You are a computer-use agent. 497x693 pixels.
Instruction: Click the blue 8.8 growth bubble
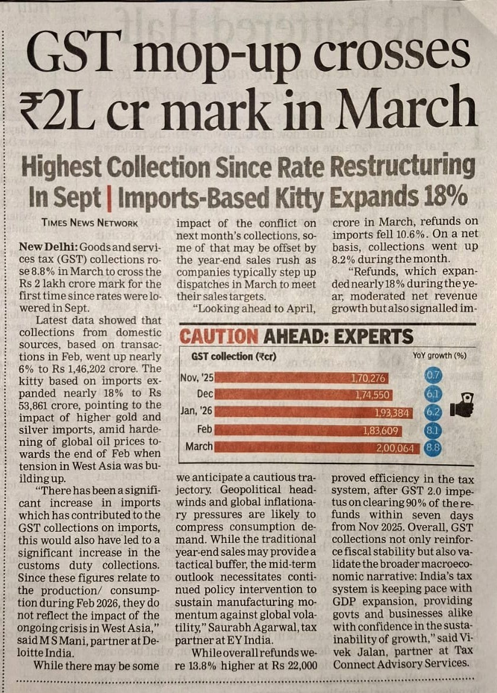(x=433, y=448)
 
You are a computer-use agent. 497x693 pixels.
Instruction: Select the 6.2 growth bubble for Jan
(x=433, y=412)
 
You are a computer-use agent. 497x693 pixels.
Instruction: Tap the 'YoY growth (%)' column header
(x=439, y=356)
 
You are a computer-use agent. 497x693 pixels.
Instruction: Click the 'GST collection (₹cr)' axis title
(x=234, y=357)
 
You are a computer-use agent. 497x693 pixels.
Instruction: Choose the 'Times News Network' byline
(x=90, y=223)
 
